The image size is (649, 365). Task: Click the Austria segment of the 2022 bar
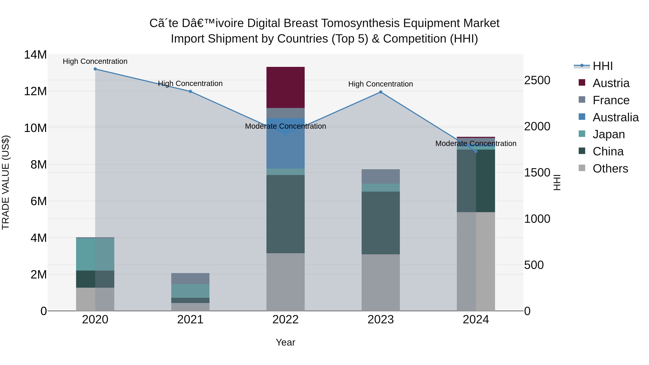tap(285, 87)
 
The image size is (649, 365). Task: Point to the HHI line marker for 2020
tap(95, 69)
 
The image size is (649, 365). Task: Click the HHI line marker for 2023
tap(381, 92)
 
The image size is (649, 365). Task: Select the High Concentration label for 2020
tap(95, 61)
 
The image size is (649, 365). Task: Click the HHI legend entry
tap(602, 66)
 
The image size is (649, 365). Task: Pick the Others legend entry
tap(610, 169)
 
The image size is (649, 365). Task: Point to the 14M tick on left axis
tap(35, 55)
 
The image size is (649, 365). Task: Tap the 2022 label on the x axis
tap(285, 320)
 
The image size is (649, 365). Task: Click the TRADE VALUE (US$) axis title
tap(6, 182)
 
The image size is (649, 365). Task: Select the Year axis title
tap(285, 342)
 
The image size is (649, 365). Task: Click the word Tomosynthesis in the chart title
tap(361, 23)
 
